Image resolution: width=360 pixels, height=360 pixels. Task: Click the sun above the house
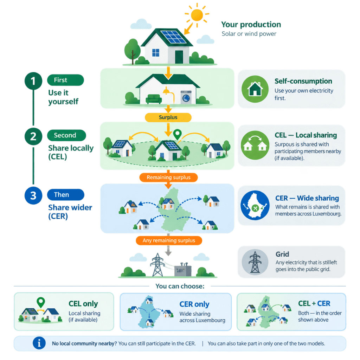[x=197, y=15]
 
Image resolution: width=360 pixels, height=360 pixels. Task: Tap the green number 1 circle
[x=33, y=81]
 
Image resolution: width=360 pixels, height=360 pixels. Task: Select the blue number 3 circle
[x=33, y=195]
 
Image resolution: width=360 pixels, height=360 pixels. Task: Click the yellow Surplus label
[x=168, y=117]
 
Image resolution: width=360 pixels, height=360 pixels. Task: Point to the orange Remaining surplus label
[x=168, y=178]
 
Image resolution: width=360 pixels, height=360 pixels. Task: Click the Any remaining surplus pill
[x=169, y=240]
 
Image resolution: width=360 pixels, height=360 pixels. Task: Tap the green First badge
[x=65, y=80]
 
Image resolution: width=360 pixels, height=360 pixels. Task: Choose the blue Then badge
[x=66, y=195]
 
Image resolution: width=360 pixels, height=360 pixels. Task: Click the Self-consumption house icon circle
[x=255, y=89]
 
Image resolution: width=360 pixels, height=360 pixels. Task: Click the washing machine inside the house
[x=186, y=97]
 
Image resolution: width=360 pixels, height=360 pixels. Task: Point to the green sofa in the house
[x=154, y=99]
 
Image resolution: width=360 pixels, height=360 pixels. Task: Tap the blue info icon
[x=39, y=343]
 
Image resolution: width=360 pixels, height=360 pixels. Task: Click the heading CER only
[x=194, y=304]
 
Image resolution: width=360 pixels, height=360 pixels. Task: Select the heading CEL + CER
[x=314, y=303]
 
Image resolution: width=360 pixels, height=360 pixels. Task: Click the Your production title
[x=251, y=25]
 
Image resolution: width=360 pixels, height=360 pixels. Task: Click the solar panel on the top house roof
[x=174, y=37]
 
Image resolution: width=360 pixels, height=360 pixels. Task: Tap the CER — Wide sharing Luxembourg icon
[x=255, y=205]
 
